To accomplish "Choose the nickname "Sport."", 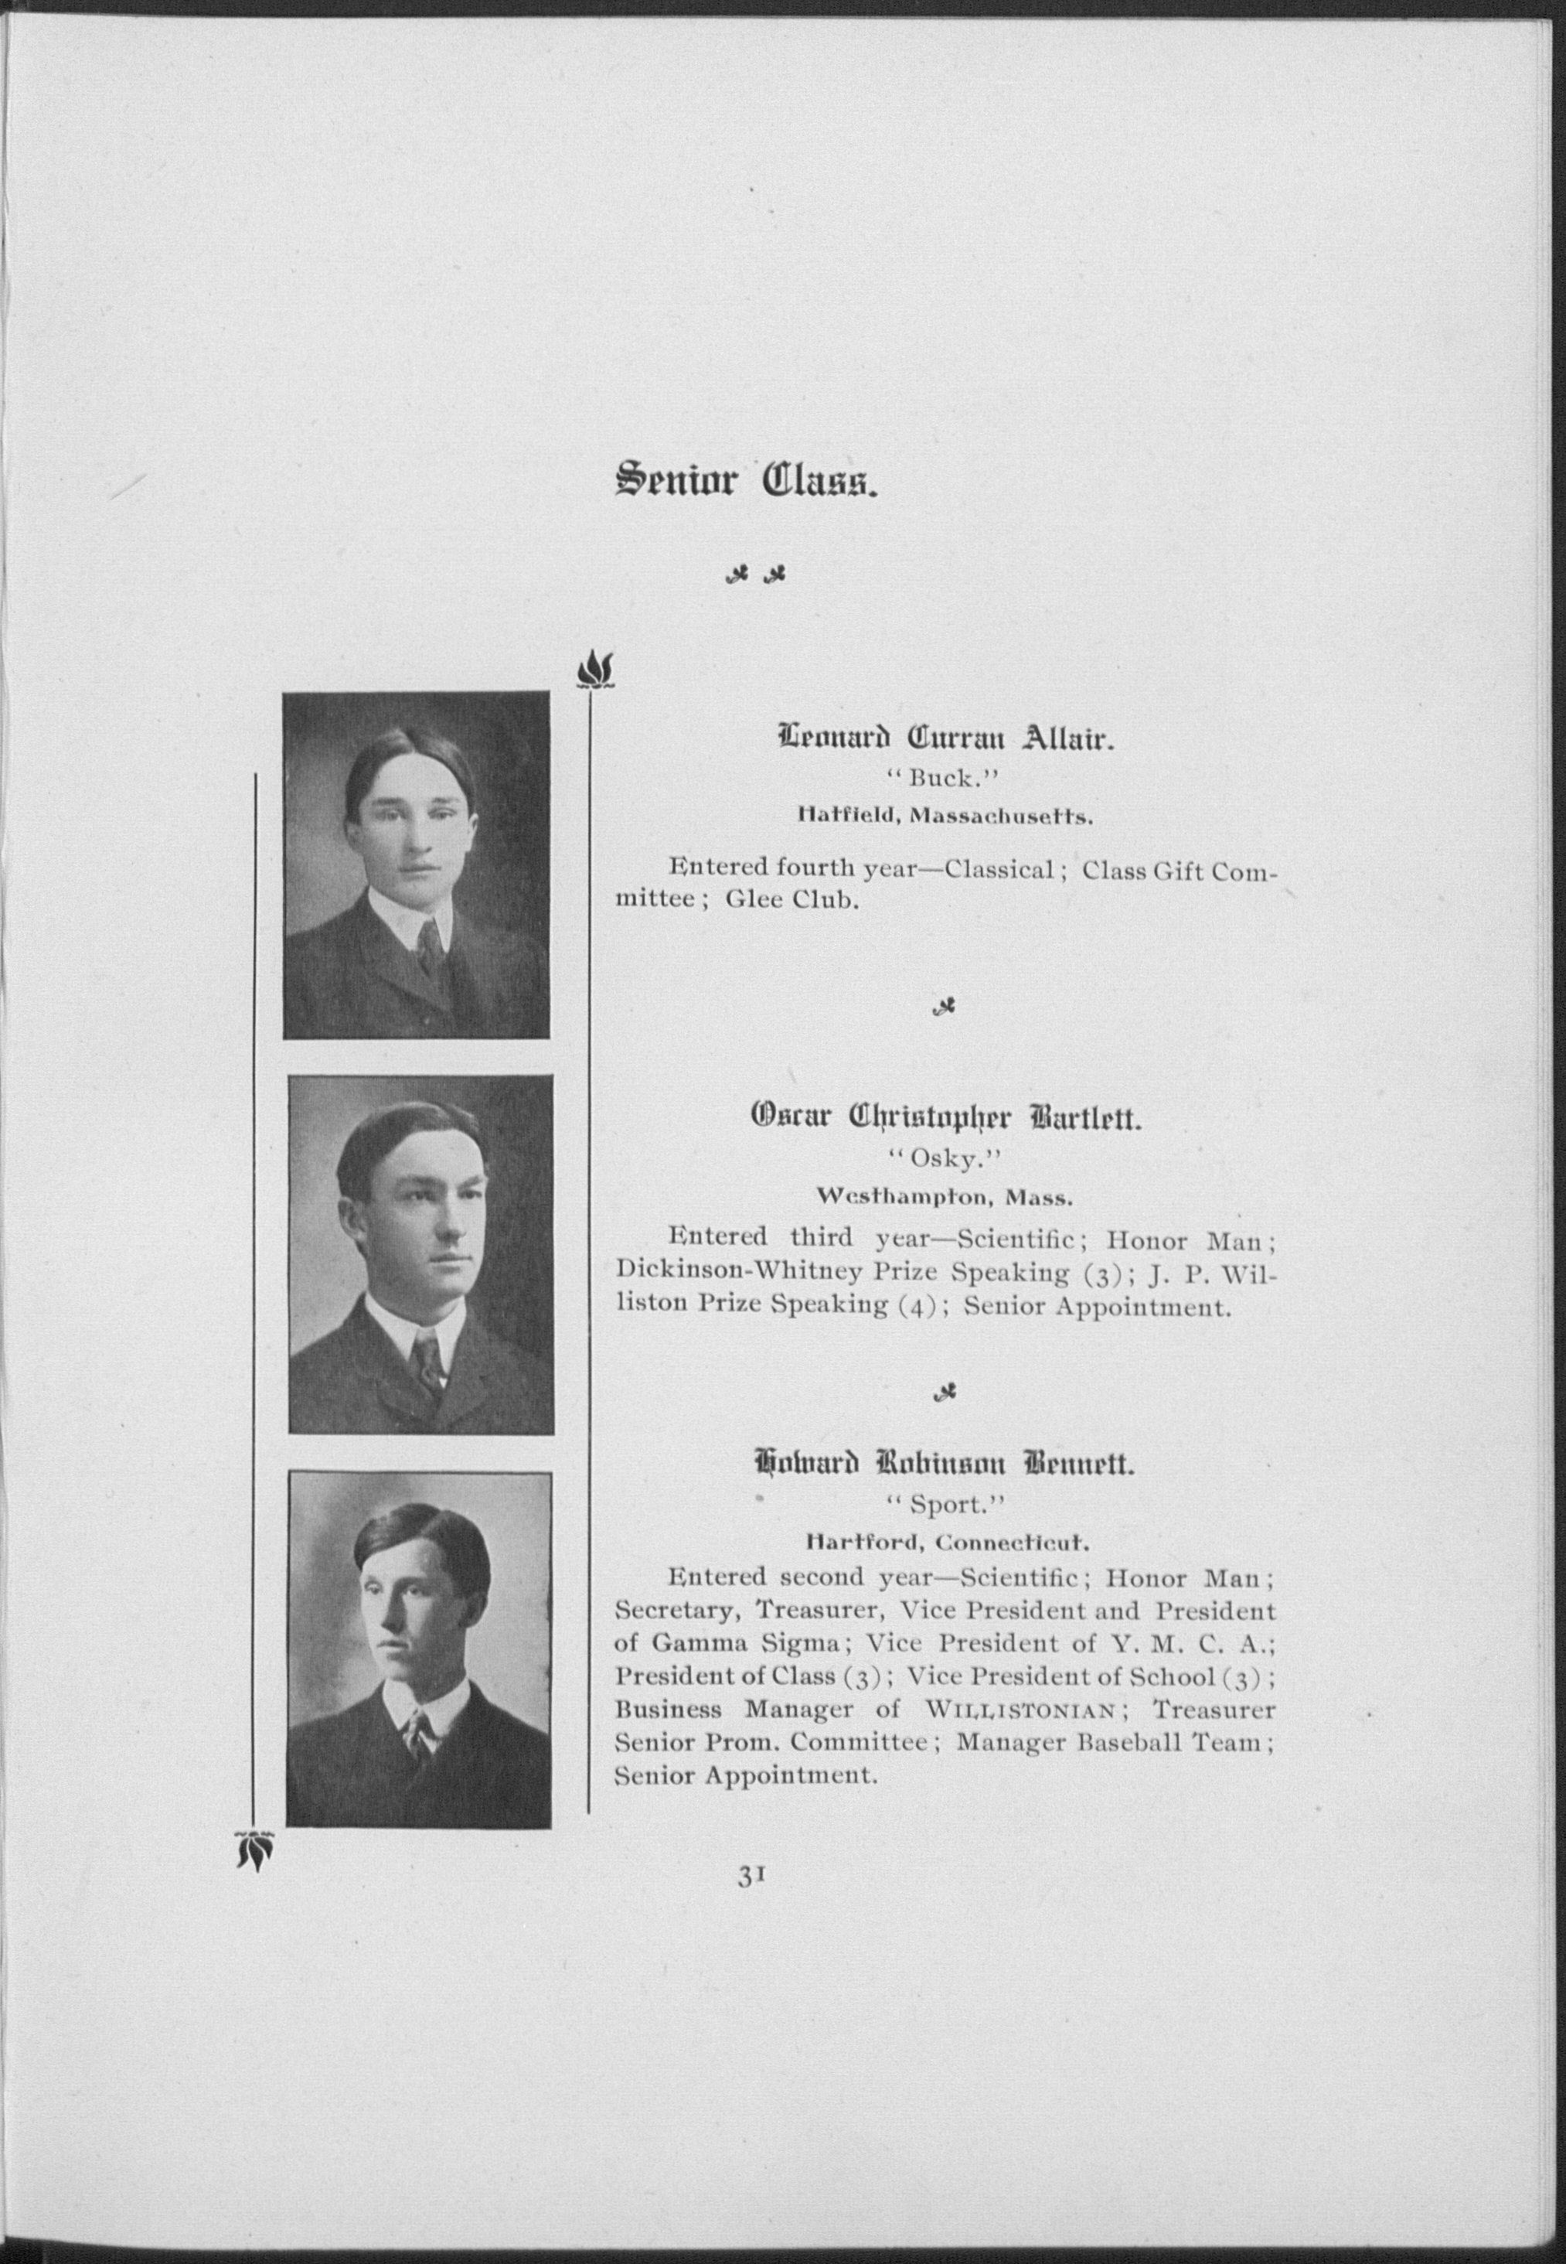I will click(944, 1503).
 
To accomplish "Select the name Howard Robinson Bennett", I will click(944, 1465).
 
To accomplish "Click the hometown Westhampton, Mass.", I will click(945, 1196).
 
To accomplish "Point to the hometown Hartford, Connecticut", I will click(945, 1541).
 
